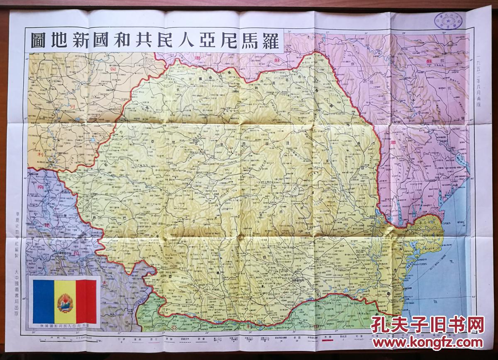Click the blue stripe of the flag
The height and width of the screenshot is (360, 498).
click(44, 302)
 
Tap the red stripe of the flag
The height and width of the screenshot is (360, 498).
click(86, 302)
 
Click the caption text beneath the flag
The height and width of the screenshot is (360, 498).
click(65, 326)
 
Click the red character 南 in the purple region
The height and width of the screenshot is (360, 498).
click(40, 187)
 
